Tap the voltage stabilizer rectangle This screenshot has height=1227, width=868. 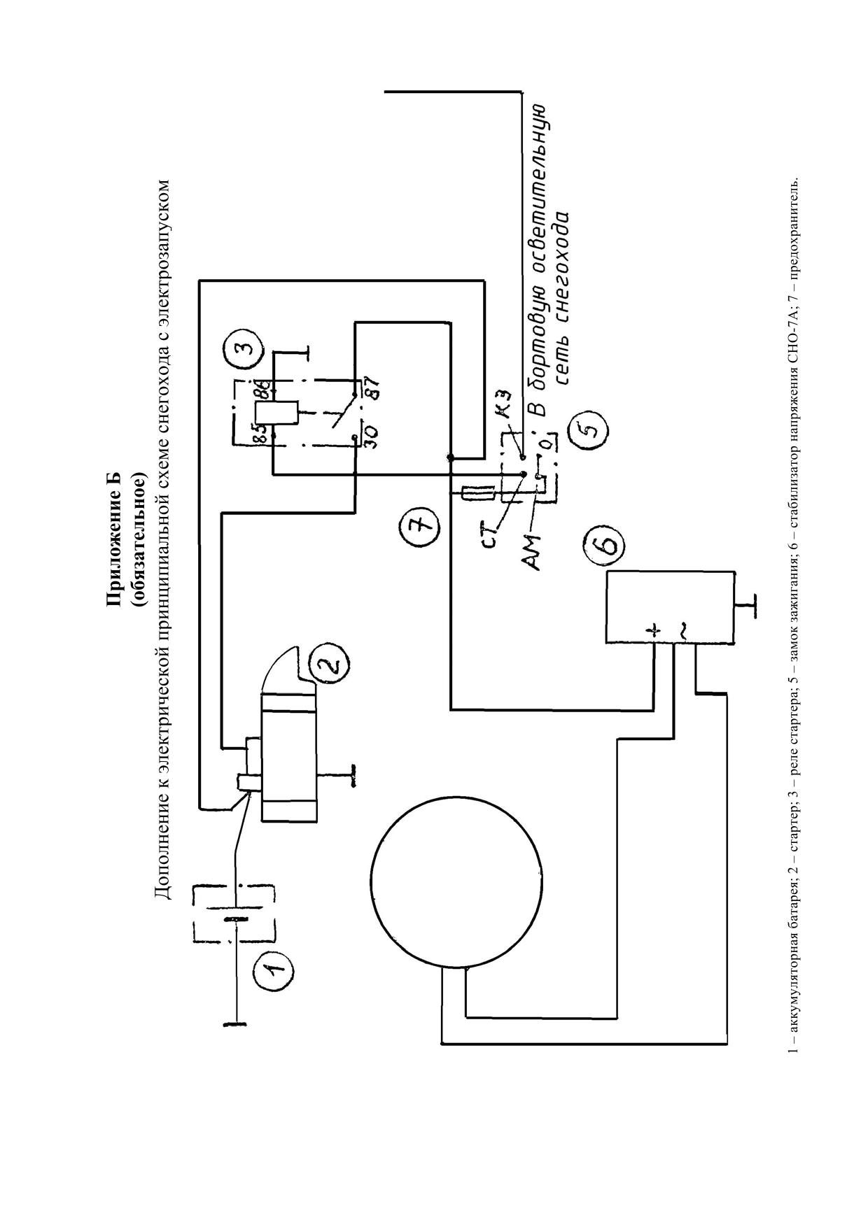670,607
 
